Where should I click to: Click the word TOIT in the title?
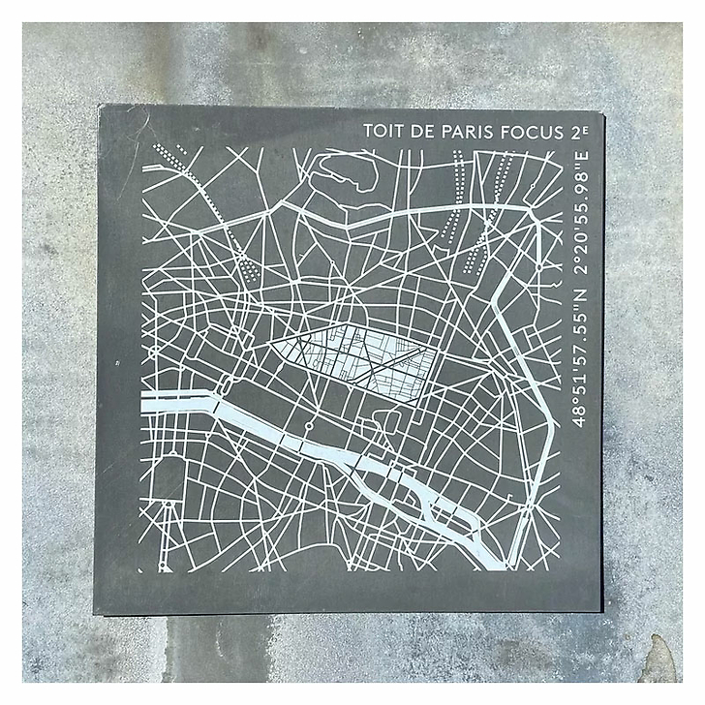[x=382, y=131]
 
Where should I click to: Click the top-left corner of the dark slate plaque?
[x=100, y=107]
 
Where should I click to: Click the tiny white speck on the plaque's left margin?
[x=116, y=363]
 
